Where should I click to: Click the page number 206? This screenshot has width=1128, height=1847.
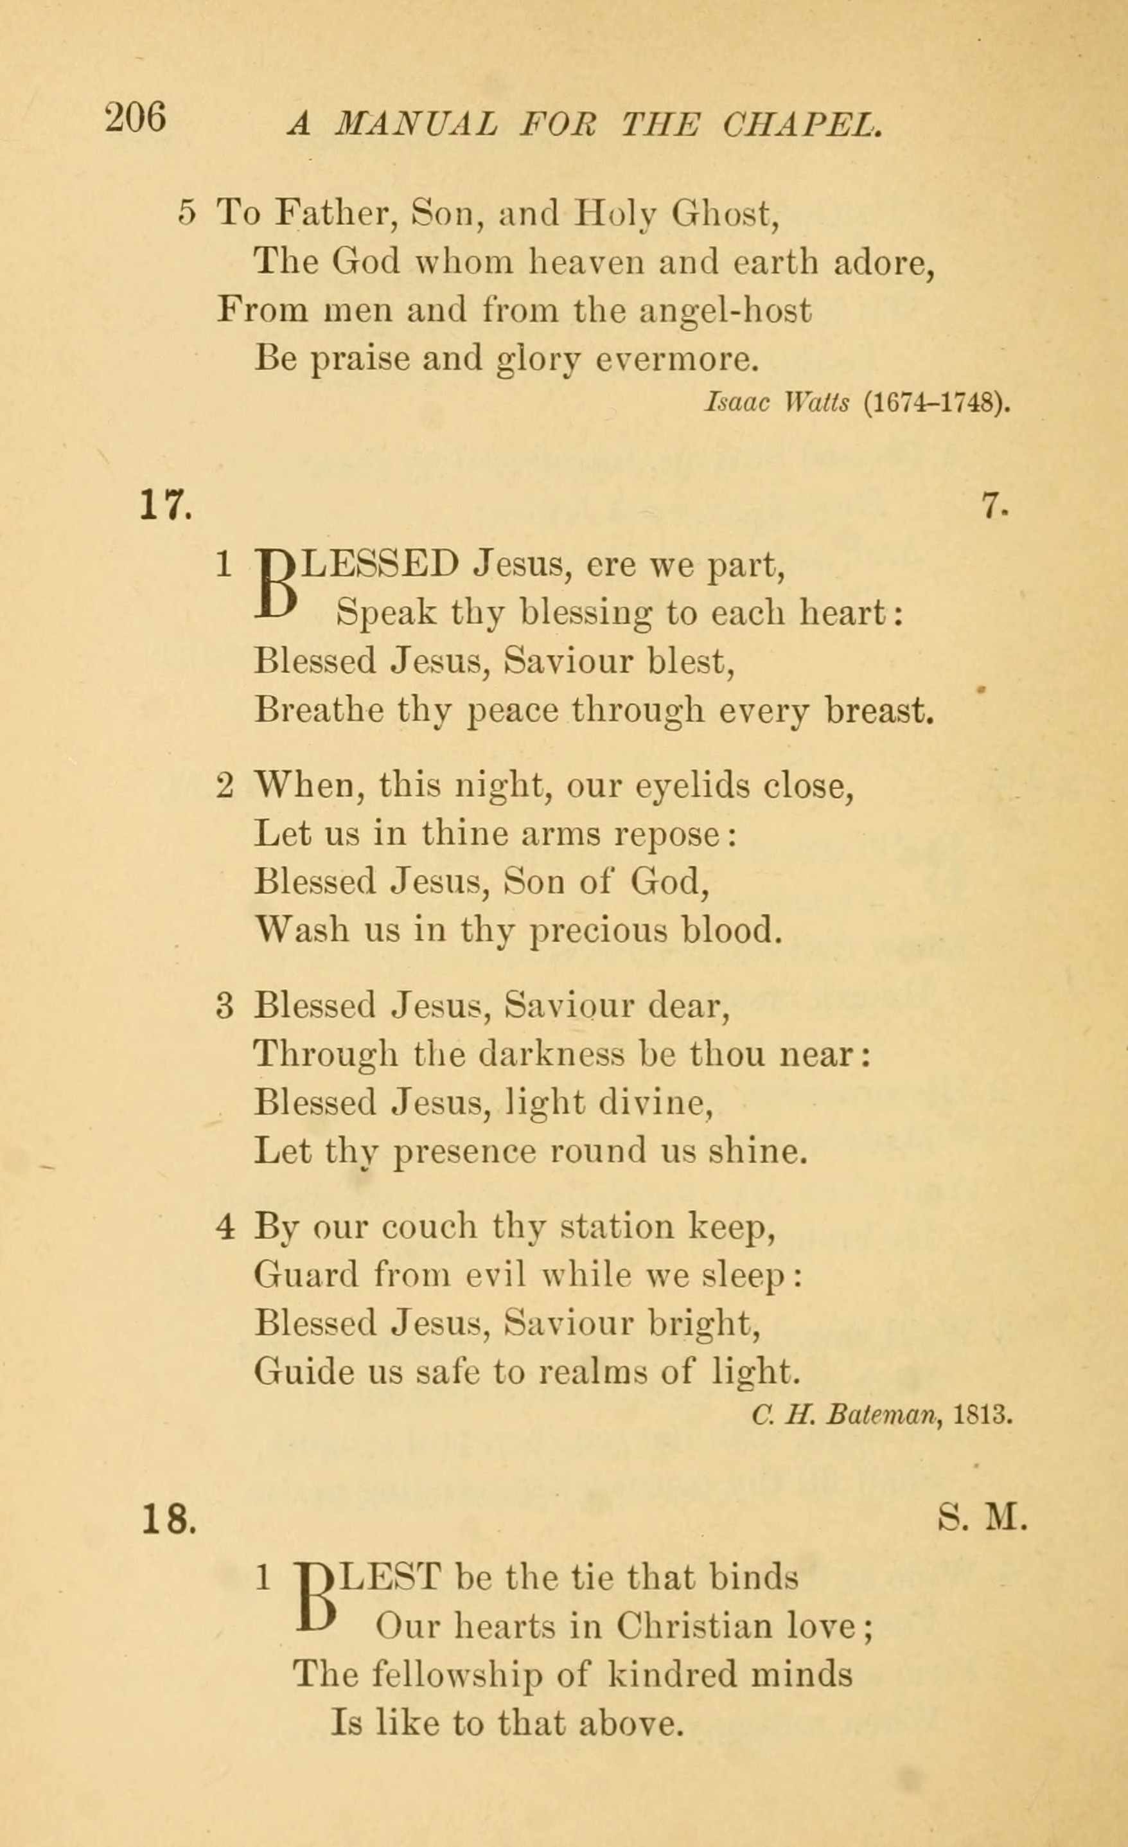(x=135, y=118)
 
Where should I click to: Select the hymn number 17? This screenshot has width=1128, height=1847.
(x=166, y=506)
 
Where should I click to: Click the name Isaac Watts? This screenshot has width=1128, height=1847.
(x=777, y=404)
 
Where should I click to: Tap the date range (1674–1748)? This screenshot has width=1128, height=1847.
(x=937, y=404)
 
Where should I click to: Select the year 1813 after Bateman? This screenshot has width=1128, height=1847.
(x=984, y=1415)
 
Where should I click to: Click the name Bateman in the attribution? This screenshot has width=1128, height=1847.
(x=883, y=1415)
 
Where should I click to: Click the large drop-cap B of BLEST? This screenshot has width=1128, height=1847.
(x=318, y=1600)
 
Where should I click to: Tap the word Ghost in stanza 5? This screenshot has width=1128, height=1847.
(x=725, y=215)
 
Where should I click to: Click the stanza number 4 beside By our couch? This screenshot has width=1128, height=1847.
(x=225, y=1227)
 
